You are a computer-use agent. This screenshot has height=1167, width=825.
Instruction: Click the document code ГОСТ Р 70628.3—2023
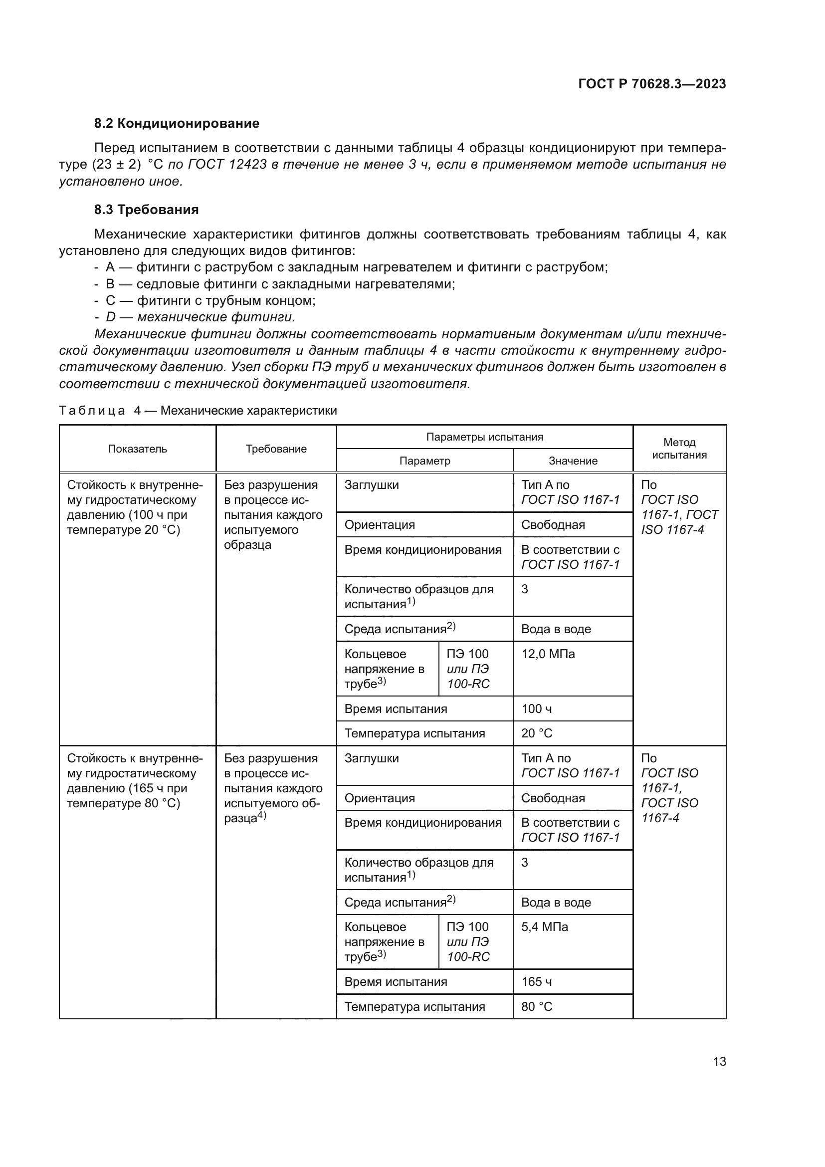652,84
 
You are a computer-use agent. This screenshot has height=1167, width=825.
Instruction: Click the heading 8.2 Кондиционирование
176,124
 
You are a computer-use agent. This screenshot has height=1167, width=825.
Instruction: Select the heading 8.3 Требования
146,210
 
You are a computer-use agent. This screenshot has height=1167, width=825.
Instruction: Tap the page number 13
719,1061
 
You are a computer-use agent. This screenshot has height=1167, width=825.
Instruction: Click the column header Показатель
137,449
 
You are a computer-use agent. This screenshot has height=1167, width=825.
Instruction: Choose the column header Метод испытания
679,449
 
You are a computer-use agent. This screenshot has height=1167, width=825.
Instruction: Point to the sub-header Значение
573,461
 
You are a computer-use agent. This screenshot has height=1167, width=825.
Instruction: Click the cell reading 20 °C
537,733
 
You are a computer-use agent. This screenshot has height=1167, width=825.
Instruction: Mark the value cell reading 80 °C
537,1006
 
